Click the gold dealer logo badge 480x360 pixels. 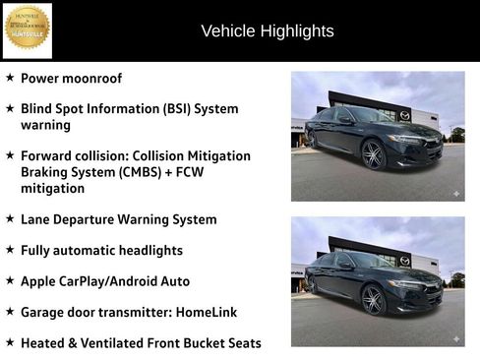(27, 29)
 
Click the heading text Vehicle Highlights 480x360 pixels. (268, 31)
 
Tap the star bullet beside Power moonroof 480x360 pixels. (10, 77)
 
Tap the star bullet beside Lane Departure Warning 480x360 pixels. (10, 218)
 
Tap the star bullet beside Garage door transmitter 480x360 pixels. (10, 311)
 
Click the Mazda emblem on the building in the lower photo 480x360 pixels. (405, 261)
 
